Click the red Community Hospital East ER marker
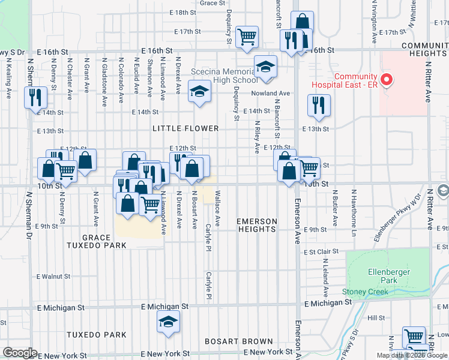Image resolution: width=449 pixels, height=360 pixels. pyautogui.click(x=387, y=79)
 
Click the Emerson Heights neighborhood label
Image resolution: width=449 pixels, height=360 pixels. pyautogui.click(x=257, y=226)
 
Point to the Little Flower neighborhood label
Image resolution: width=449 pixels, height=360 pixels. pyautogui.click(x=185, y=128)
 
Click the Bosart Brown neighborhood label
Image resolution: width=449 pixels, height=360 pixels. pyautogui.click(x=231, y=341)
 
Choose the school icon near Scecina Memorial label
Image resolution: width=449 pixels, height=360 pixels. pyautogui.click(x=199, y=92)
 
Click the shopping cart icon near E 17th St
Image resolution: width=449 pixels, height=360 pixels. pyautogui.click(x=247, y=36)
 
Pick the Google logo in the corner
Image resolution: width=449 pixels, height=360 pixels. pyautogui.click(x=20, y=353)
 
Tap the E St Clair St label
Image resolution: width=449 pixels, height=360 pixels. pyautogui.click(x=316, y=253)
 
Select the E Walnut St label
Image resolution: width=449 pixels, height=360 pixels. pyautogui.click(x=54, y=277)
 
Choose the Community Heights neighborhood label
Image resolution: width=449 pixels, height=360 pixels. pyautogui.click(x=425, y=49)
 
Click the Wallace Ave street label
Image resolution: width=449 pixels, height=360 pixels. pyautogui.click(x=217, y=209)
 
